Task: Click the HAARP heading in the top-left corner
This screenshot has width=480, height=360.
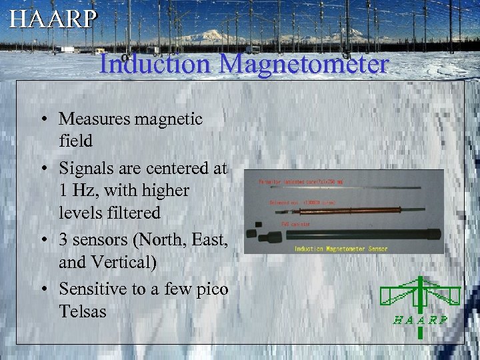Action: (x=53, y=19)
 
